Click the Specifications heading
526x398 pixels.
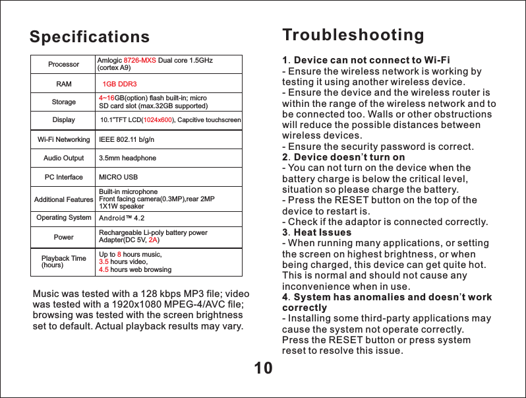click(x=89, y=36)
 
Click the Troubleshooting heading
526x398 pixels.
click(x=353, y=34)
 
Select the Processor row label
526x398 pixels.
click(x=63, y=65)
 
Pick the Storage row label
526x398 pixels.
click(x=63, y=102)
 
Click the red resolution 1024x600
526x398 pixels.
click(x=158, y=120)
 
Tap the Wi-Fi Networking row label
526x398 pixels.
click(x=63, y=140)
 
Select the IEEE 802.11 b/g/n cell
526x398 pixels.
click(x=126, y=140)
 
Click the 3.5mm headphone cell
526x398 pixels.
click(x=127, y=158)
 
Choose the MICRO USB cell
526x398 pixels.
click(x=118, y=178)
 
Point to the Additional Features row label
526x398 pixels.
click(x=63, y=199)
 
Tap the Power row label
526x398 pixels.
click(x=63, y=236)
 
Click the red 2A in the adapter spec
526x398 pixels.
click(x=152, y=240)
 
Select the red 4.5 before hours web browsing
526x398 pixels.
click(x=103, y=269)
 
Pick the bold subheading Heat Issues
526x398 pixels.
click(x=322, y=233)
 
